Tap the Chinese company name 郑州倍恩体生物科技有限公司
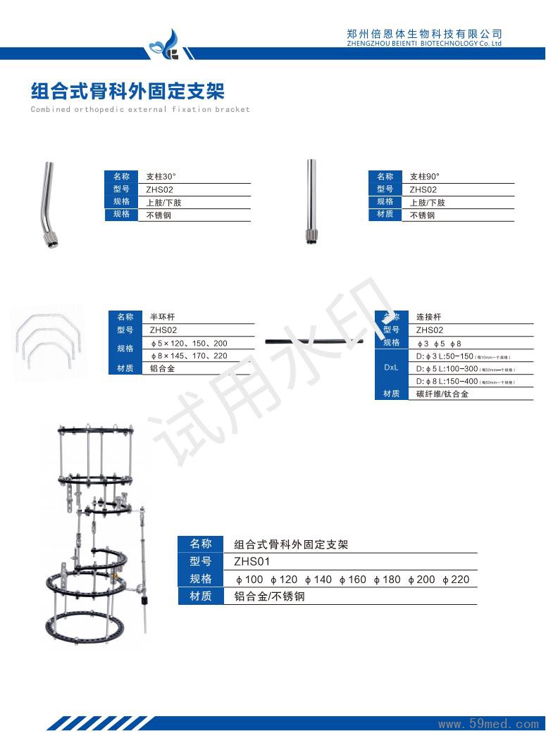click(x=424, y=33)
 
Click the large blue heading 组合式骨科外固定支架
click(x=128, y=91)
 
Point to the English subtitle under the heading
click(x=140, y=110)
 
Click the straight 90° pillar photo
click(x=310, y=202)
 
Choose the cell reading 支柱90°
click(x=424, y=177)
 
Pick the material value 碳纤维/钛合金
click(x=442, y=394)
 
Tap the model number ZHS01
click(x=252, y=562)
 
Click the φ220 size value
click(x=456, y=580)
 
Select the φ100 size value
click(x=249, y=580)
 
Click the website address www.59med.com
click(x=488, y=723)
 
